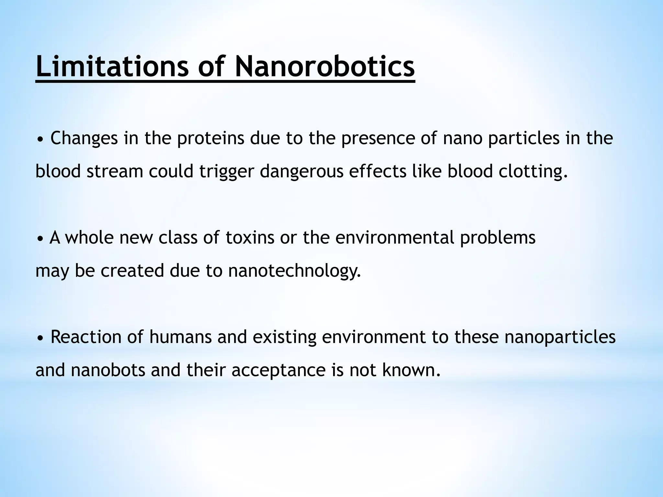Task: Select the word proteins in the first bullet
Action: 210,138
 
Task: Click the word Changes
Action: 84,138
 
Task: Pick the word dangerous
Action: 301,171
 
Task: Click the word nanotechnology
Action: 294,271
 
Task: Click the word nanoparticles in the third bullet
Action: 560,337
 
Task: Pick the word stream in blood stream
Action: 115,171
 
